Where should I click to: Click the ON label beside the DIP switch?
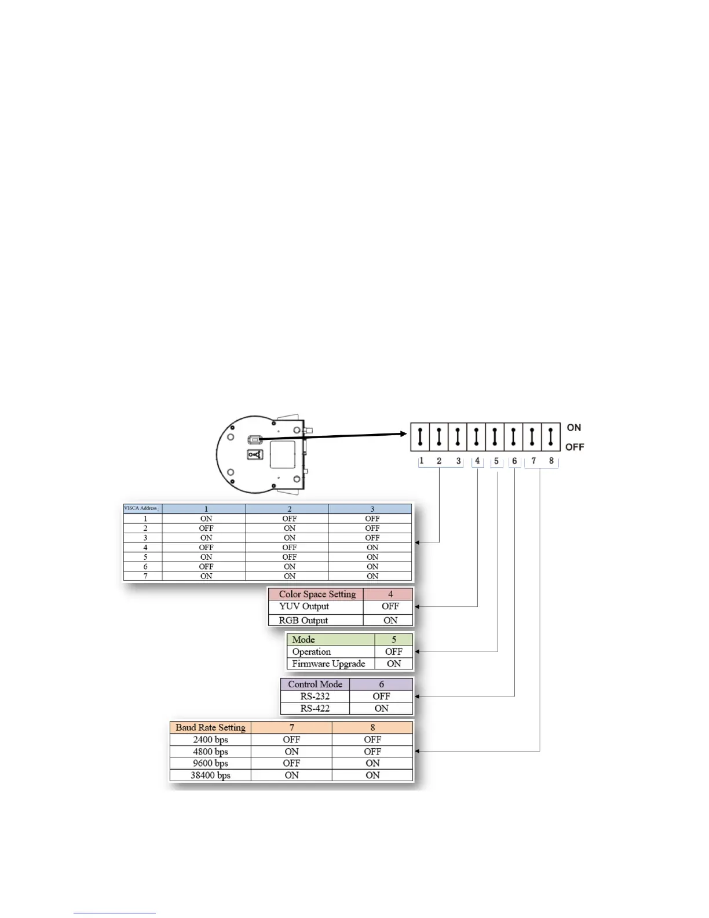(x=573, y=428)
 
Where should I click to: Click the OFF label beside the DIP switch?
(x=575, y=447)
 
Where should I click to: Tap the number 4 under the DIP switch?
(x=477, y=461)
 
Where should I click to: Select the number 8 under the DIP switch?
(x=551, y=461)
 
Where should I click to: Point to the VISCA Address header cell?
(x=141, y=508)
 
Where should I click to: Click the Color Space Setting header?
(x=317, y=594)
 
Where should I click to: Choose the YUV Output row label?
(x=304, y=606)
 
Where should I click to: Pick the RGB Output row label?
(x=304, y=620)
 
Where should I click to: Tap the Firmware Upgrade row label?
(x=328, y=664)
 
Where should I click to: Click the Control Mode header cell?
(x=315, y=684)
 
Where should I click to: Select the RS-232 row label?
(x=315, y=696)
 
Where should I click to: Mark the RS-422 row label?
(x=315, y=708)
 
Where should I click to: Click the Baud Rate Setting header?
(x=210, y=727)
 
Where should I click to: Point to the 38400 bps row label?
(x=210, y=775)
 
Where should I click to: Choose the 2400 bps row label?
(x=210, y=739)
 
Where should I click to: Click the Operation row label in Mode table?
(x=312, y=651)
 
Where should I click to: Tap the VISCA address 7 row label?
(x=145, y=576)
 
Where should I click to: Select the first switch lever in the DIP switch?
(x=421, y=436)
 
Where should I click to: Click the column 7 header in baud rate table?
(x=291, y=727)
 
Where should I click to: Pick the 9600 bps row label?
(x=210, y=763)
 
